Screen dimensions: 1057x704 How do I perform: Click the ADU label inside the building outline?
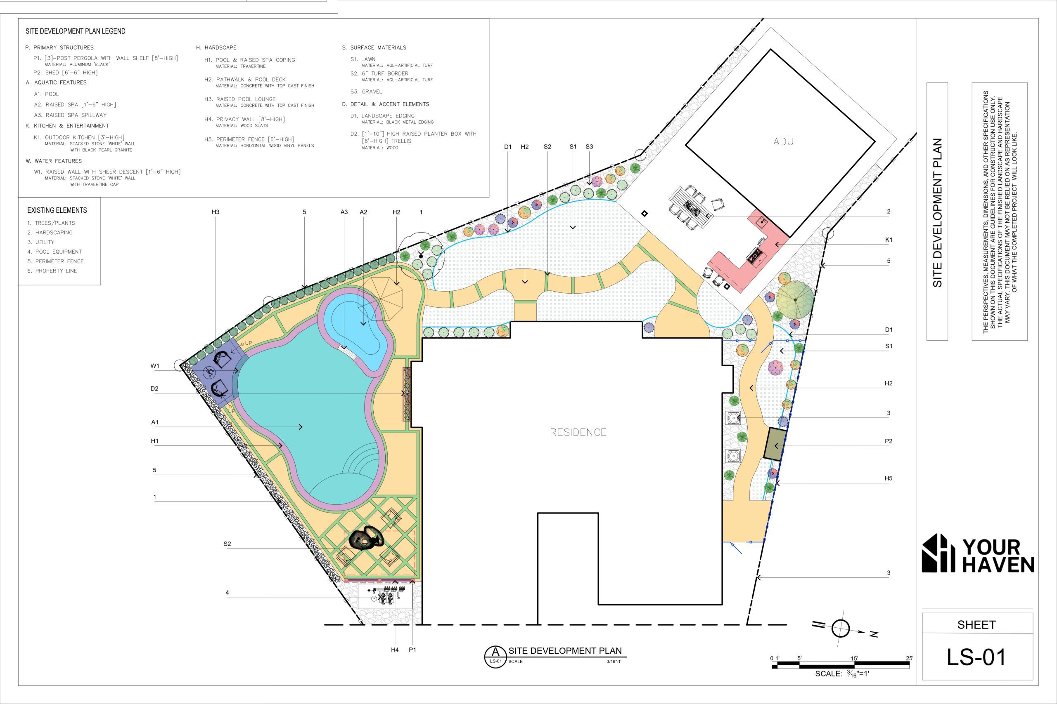tap(783, 141)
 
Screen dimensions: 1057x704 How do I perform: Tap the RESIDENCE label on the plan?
tap(578, 432)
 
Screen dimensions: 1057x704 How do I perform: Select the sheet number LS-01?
tap(976, 657)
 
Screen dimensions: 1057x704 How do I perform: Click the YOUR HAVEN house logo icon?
tap(939, 553)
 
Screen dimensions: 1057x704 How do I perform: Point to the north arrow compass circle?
tap(840, 628)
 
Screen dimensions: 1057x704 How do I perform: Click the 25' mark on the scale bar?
tap(910, 659)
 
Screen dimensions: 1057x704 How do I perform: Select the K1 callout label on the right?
tap(889, 240)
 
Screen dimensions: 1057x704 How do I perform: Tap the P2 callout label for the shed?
tap(889, 441)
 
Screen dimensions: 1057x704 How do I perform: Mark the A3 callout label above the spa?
tap(344, 212)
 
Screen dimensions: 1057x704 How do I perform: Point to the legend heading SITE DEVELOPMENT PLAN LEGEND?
tap(76, 31)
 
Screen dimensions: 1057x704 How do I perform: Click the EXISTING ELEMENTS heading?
tap(57, 210)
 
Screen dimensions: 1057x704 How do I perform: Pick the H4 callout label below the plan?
tap(395, 650)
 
